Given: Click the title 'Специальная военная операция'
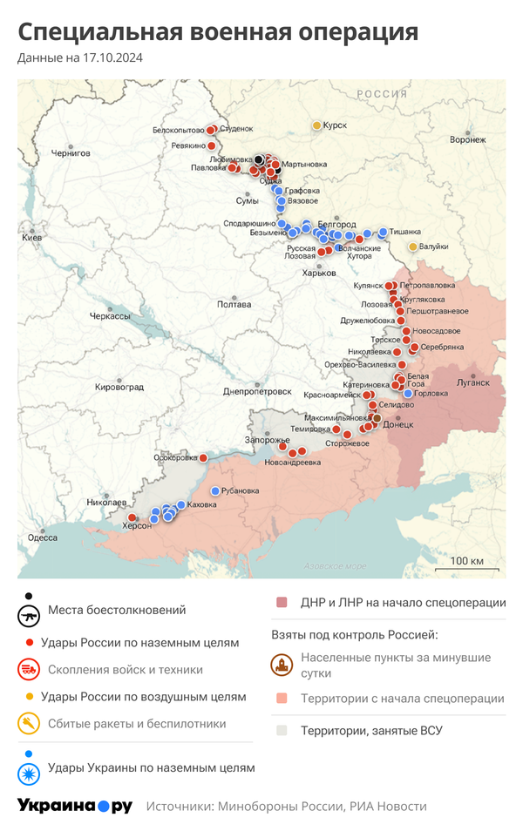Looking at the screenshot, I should [x=218, y=32].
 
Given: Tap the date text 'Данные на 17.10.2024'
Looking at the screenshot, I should [x=80, y=58].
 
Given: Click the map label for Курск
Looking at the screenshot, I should [x=335, y=125].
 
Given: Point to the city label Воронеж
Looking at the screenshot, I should [x=467, y=139].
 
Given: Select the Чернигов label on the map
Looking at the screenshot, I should [x=71, y=152].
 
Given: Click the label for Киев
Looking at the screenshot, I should [x=31, y=237].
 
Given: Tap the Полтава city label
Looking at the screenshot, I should [x=234, y=304].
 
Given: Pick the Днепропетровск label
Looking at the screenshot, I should [x=257, y=391].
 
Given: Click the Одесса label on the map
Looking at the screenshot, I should [x=43, y=537].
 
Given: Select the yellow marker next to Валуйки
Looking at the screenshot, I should [x=413, y=247].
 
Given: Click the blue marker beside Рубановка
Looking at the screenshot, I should [x=215, y=490].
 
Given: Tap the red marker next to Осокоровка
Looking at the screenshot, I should [x=203, y=457].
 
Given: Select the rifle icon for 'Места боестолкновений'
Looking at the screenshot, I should [x=30, y=615].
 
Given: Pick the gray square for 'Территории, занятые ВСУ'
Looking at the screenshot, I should [x=282, y=730].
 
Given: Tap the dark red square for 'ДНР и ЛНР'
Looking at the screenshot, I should [x=282, y=602].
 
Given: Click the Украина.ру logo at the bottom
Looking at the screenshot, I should [x=75, y=806].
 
